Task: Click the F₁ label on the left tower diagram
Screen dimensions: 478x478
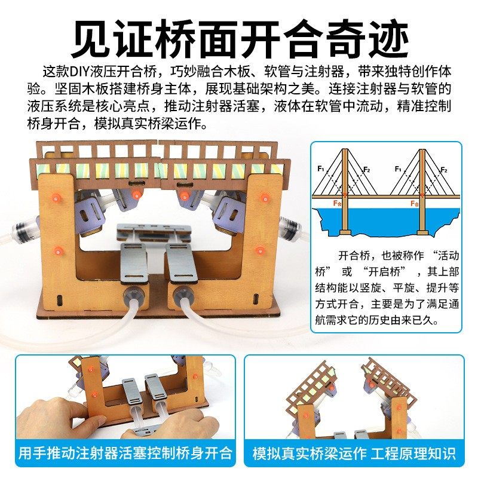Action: click(x=321, y=169)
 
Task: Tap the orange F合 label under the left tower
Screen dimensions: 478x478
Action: click(x=339, y=203)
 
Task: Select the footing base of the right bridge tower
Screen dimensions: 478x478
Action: click(x=422, y=232)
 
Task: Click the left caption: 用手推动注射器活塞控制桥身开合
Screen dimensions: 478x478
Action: click(x=124, y=452)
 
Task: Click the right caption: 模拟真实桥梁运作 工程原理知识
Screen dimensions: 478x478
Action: click(x=354, y=452)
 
